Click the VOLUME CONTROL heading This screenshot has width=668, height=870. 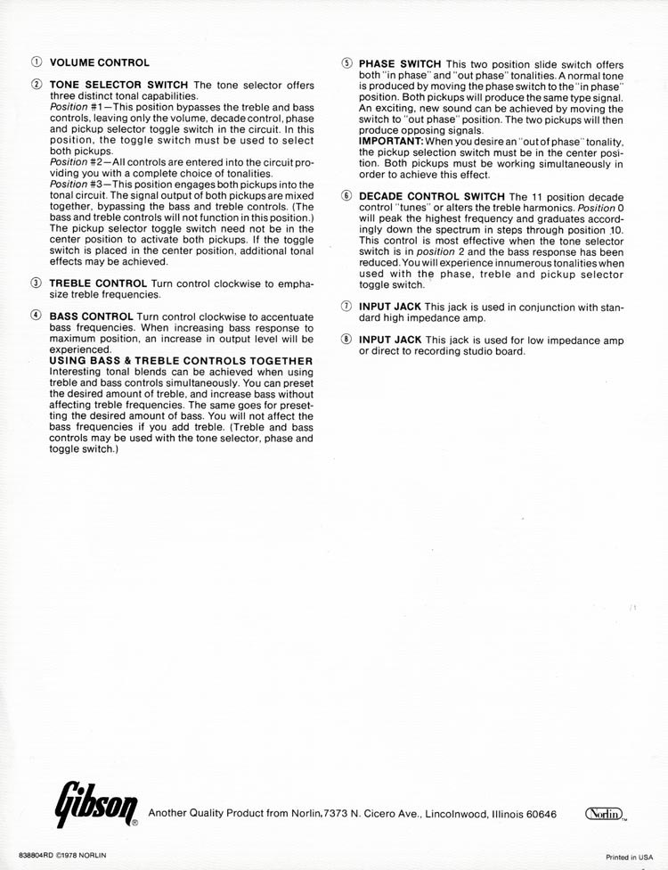coord(99,62)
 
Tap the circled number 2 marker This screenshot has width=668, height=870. coord(36,85)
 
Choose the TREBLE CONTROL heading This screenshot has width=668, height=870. coord(98,283)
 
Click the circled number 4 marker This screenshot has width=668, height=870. coord(36,316)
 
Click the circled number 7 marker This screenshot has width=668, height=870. coord(346,307)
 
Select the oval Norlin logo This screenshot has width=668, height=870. coord(603,814)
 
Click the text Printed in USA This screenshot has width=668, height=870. coord(629,856)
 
